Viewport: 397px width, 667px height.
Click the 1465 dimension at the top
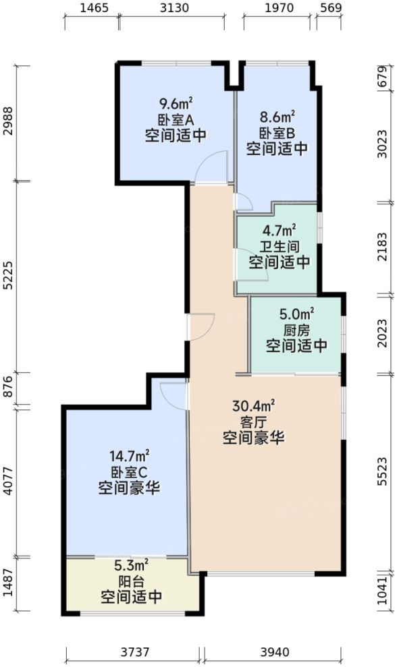pos(94,8)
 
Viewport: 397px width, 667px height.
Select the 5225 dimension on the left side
pos(8,277)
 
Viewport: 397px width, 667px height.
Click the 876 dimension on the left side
pos(8,388)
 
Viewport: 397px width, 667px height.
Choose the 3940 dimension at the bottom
pos(273,652)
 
